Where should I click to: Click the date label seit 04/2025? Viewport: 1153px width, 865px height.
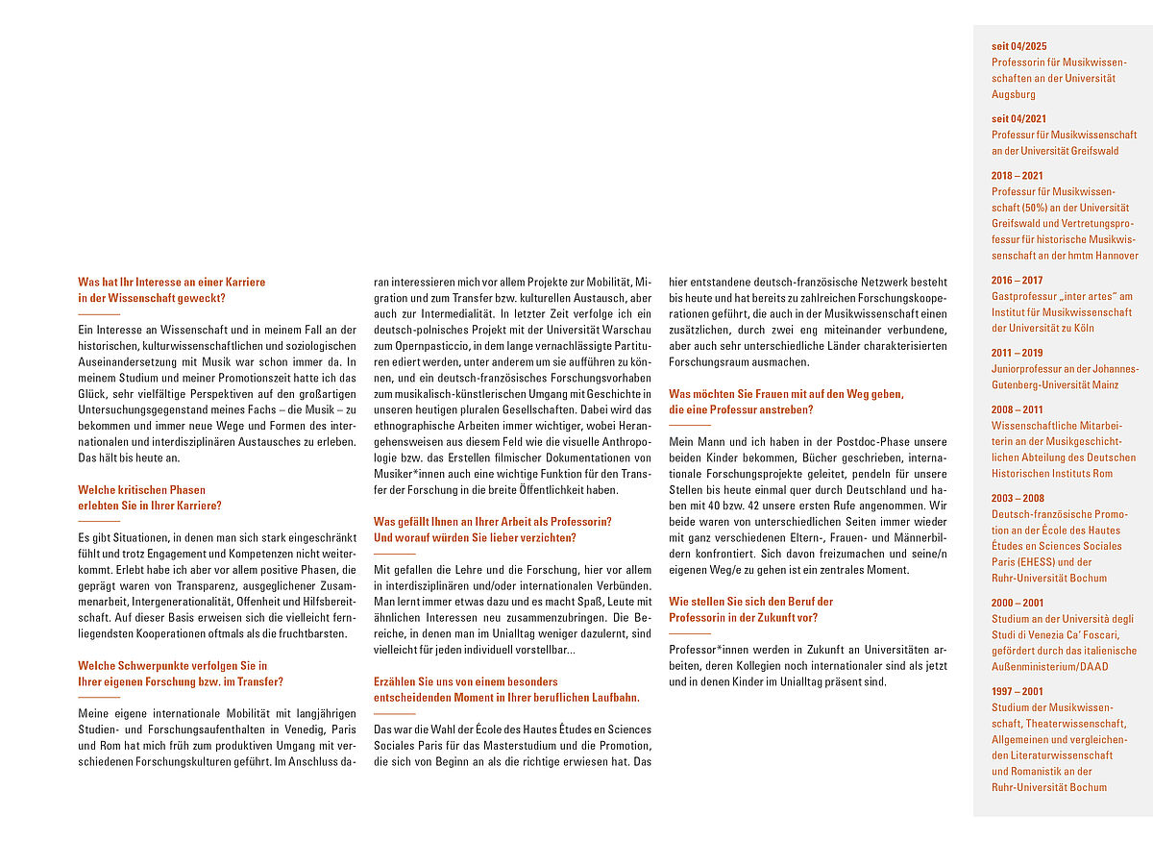point(1019,45)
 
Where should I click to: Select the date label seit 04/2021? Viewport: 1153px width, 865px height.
point(1019,118)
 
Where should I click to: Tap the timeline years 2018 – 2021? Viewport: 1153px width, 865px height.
point(1017,175)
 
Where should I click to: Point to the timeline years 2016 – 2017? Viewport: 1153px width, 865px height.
point(1017,280)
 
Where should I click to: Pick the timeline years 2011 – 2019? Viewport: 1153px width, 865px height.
point(1017,353)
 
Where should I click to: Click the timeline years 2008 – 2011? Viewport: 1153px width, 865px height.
point(1017,409)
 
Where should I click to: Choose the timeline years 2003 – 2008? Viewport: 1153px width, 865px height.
point(1017,498)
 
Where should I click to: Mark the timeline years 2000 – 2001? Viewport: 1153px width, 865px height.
point(1017,603)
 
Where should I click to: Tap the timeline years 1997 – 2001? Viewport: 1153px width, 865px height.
point(1017,691)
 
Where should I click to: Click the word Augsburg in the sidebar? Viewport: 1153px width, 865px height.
point(1014,94)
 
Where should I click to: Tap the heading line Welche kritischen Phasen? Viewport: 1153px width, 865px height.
point(141,489)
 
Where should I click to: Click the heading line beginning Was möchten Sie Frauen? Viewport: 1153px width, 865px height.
point(786,393)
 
